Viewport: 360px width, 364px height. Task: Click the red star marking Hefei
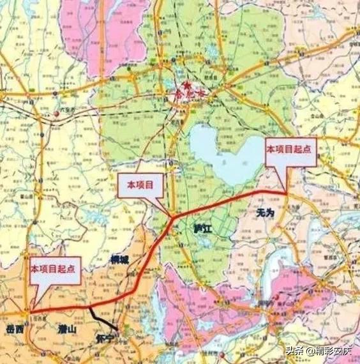[x=186, y=84]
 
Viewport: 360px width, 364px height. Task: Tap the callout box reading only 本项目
[x=140, y=184]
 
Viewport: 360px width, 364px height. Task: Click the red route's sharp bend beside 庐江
[x=172, y=218]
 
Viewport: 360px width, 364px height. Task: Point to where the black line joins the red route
[x=89, y=307]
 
